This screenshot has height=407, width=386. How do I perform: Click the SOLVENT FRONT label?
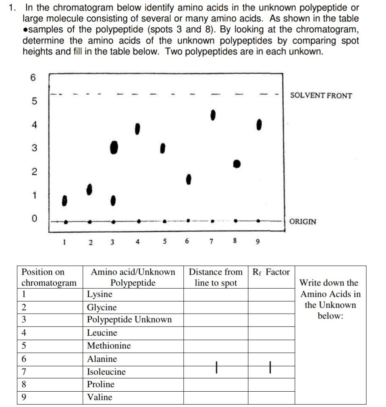pos(321,96)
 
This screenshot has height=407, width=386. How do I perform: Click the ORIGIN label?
pos(303,221)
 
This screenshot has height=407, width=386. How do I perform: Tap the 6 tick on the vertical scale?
pos(33,78)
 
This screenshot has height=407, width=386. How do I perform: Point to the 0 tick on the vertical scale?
pos(34,219)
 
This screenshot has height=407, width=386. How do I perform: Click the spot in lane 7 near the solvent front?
pos(213,114)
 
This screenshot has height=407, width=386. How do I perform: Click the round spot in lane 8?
pos(237,164)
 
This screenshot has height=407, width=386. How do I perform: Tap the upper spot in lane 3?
pos(114,147)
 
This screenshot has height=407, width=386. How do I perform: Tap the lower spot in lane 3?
pos(114,200)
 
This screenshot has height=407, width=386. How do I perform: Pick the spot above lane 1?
pos(64,200)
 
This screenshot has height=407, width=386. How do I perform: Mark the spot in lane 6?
pos(188,179)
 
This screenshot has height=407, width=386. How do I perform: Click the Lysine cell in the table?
pos(133,294)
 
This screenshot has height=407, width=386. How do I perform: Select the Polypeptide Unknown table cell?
pos(133,320)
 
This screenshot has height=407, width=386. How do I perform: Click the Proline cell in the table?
pos(133,384)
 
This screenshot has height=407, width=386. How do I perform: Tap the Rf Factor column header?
pos(271,272)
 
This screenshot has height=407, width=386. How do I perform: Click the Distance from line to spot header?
pos(216,277)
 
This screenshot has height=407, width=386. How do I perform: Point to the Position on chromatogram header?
pos(49,277)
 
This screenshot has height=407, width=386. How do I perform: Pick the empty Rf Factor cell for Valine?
pos(271,397)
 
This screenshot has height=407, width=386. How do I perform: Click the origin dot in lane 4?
pos(139,221)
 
